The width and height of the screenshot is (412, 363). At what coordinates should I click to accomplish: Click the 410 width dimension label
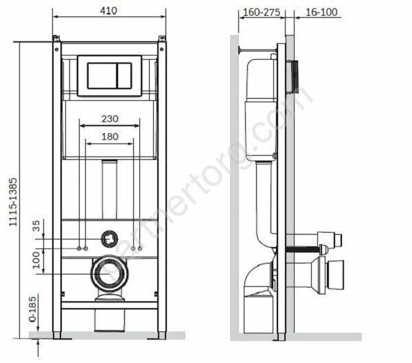(108, 11)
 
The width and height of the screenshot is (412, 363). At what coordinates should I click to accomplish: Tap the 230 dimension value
(110, 119)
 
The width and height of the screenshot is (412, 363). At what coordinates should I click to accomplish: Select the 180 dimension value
(110, 137)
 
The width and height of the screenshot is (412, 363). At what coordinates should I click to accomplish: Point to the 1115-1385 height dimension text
(13, 202)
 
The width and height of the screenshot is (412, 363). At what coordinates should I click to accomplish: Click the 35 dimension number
(36, 226)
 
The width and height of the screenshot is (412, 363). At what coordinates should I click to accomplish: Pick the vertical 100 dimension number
(36, 260)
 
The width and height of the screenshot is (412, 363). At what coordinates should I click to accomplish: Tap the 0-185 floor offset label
(33, 309)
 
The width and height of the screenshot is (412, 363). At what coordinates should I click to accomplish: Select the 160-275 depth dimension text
(262, 12)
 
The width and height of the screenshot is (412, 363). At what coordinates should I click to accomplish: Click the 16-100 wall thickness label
(321, 12)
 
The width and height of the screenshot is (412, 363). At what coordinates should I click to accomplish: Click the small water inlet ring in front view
(109, 239)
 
